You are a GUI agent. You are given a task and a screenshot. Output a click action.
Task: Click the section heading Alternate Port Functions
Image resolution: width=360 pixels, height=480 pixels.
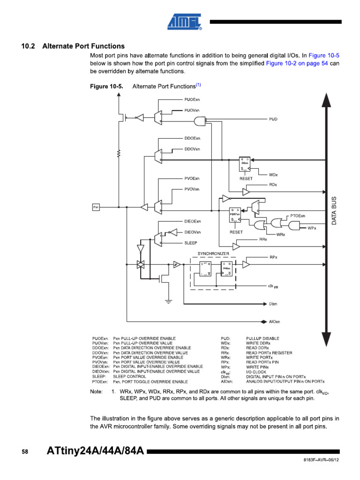pos(83,46)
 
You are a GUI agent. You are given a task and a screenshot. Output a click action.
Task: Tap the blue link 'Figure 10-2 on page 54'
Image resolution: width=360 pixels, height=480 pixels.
pos(297,63)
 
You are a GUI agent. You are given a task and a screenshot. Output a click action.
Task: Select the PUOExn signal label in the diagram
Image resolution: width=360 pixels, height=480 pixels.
pos(192,100)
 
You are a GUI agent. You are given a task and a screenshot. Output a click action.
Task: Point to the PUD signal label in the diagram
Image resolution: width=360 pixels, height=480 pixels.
pos(273,119)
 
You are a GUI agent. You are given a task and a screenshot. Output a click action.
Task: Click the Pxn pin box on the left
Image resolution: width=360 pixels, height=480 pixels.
pos(96,207)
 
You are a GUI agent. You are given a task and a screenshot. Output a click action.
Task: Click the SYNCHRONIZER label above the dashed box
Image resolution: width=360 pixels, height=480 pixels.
pos(213,253)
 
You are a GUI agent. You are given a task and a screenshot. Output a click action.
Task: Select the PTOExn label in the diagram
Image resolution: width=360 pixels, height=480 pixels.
pos(298,216)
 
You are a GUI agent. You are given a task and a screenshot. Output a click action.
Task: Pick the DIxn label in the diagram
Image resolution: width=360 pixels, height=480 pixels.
pos(273,304)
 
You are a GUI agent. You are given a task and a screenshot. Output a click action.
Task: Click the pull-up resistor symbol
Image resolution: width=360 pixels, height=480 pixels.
pos(120,153)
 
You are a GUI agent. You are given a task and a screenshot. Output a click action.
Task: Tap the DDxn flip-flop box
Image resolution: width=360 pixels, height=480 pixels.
pos(245,163)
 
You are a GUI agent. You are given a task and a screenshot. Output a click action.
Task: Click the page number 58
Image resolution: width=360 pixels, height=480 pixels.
pos(25,452)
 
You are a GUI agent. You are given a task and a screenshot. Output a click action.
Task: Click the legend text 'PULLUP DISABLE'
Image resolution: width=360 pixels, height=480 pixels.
pos(262,338)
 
